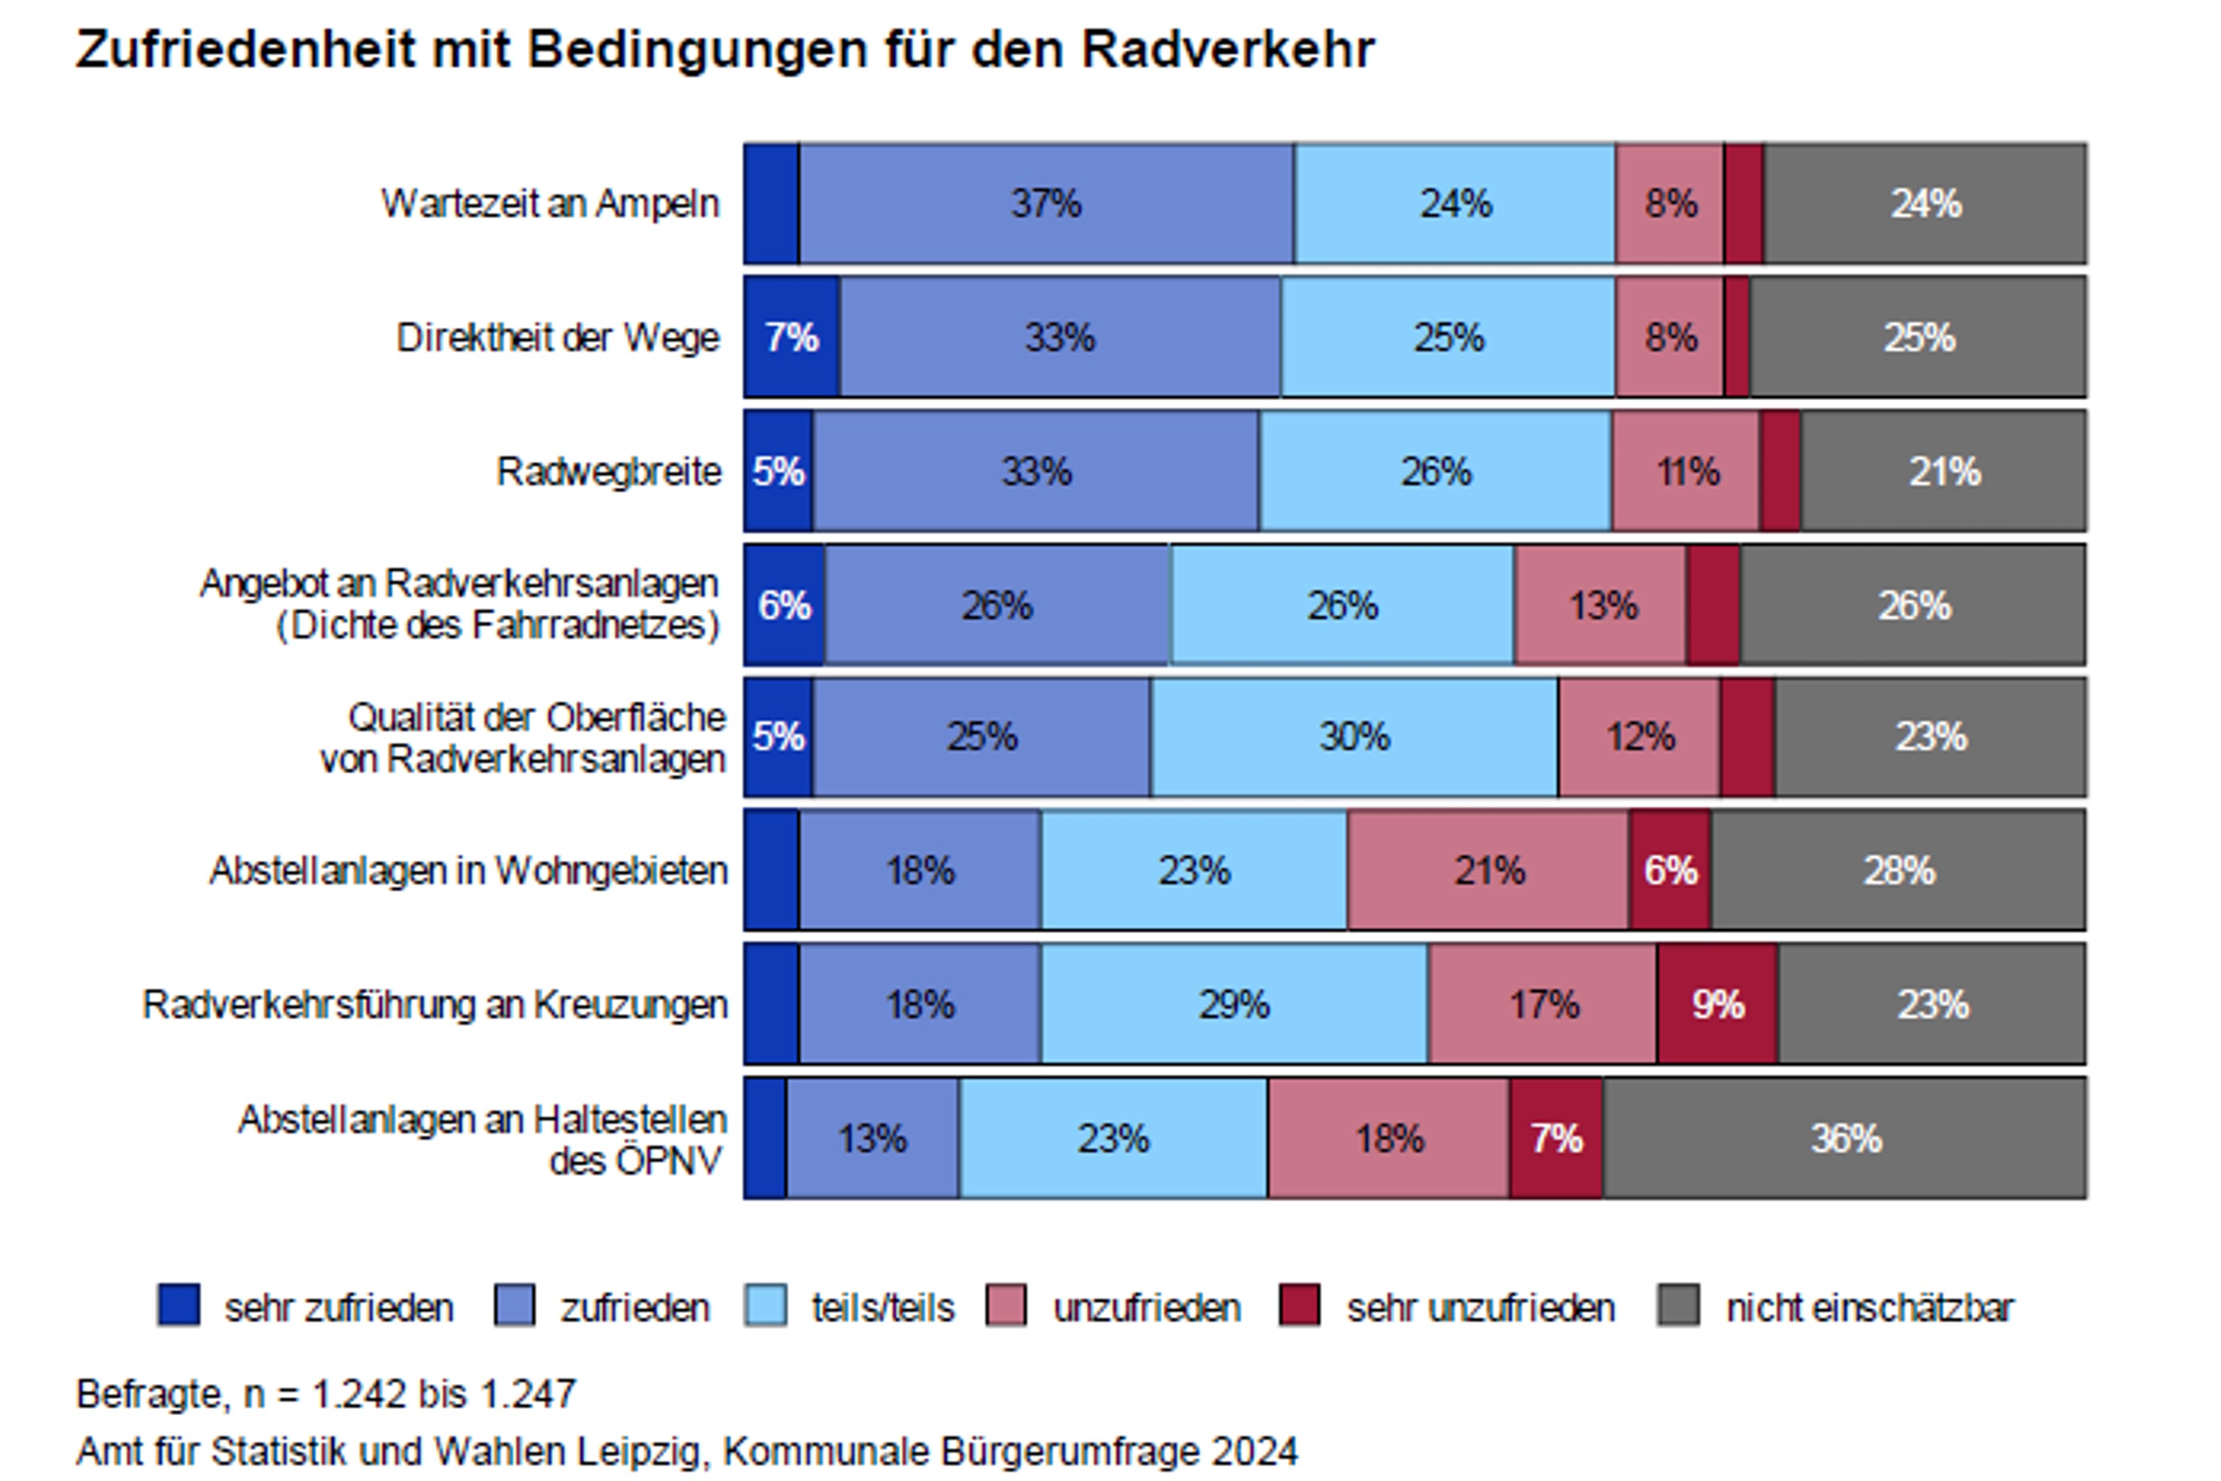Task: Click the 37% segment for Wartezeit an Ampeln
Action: click(x=1045, y=204)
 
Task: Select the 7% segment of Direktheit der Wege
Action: click(x=792, y=338)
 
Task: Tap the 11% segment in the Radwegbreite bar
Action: click(x=1686, y=472)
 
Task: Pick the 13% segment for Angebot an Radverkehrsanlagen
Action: click(x=1601, y=605)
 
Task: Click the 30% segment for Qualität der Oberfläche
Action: click(x=1354, y=737)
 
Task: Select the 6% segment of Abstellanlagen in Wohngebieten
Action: click(x=1670, y=871)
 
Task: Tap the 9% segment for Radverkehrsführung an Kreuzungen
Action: click(x=1718, y=1004)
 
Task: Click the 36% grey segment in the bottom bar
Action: click(x=1844, y=1138)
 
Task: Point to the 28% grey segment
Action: click(x=1897, y=871)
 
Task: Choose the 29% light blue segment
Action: click(x=1234, y=1004)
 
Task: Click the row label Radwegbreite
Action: click(x=608, y=472)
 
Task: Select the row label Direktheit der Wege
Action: click(x=558, y=338)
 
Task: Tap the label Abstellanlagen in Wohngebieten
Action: click(x=468, y=871)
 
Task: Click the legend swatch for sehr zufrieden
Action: click(x=179, y=1305)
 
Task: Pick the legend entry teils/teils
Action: click(x=882, y=1308)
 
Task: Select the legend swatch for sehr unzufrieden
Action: click(x=1299, y=1305)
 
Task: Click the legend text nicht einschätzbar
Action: click(x=1869, y=1308)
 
